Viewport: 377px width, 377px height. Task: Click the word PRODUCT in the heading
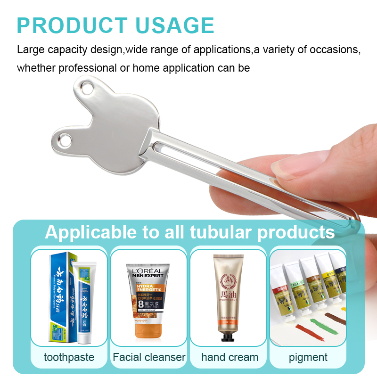pyautogui.click(x=72, y=25)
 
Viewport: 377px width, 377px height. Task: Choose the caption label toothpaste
pyautogui.click(x=69, y=357)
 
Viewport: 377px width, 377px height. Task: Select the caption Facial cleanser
pyautogui.click(x=149, y=357)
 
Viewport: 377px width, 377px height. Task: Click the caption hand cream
pyautogui.click(x=229, y=357)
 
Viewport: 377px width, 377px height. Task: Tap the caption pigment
pyautogui.click(x=308, y=357)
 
